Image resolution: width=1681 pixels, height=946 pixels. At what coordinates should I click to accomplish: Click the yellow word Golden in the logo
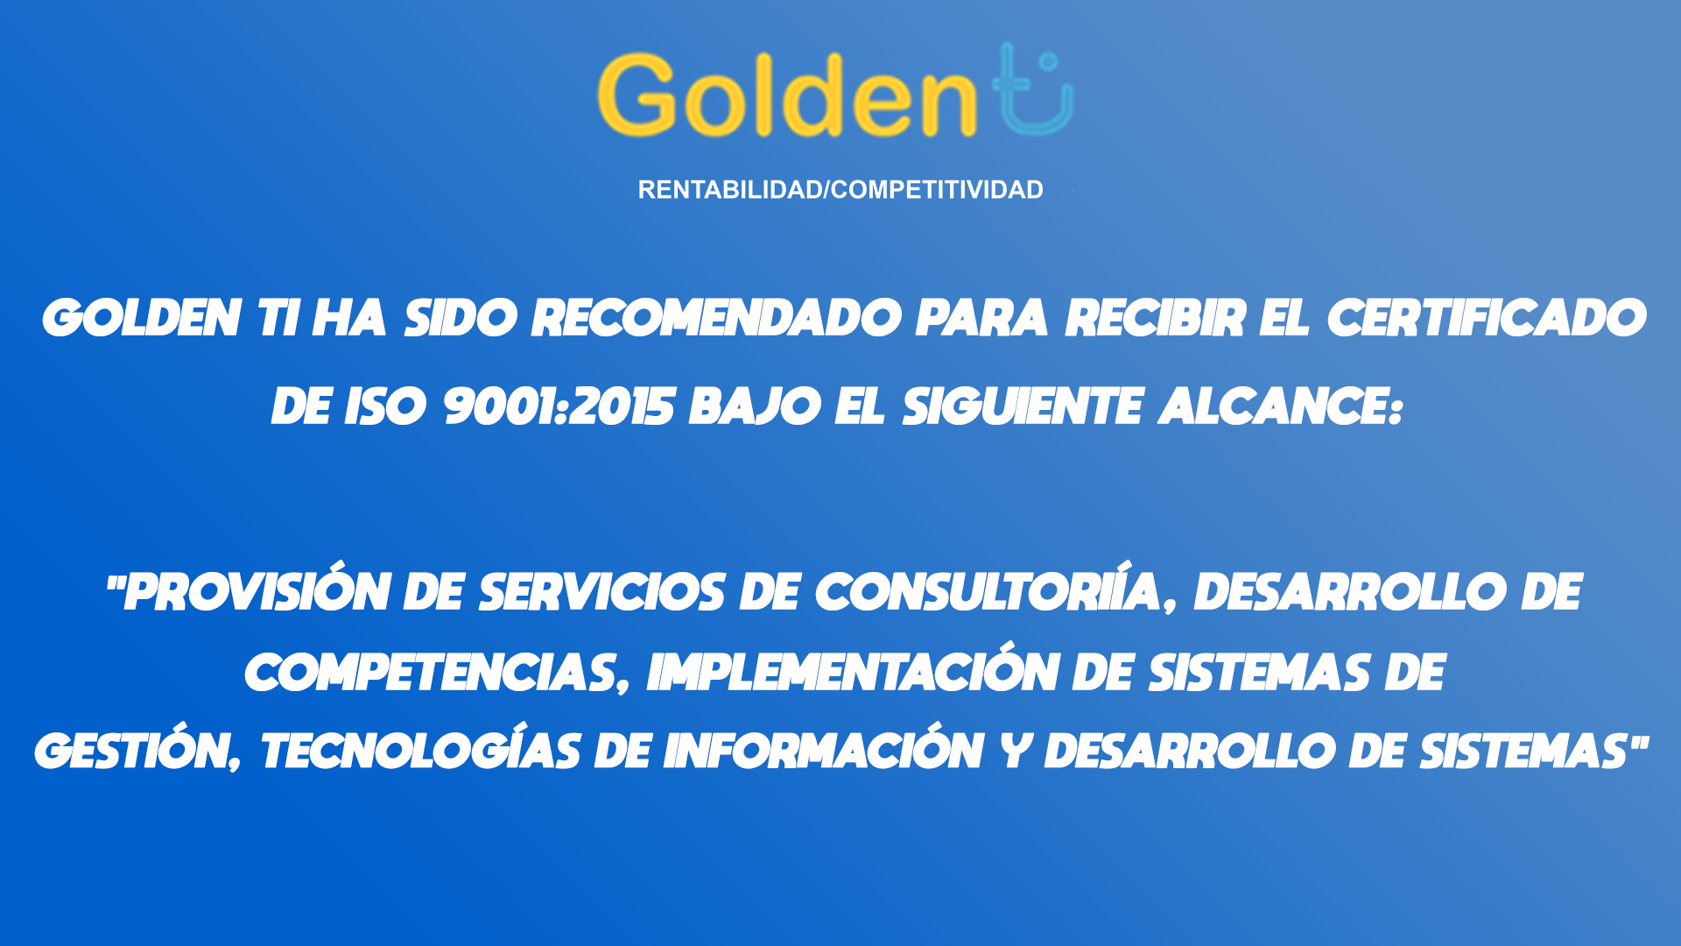coord(787,95)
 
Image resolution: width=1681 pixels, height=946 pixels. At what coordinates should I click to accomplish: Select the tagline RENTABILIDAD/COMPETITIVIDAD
coord(840,190)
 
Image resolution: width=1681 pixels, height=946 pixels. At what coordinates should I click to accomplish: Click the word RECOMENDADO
coord(717,317)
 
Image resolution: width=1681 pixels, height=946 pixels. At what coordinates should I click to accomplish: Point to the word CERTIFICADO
coord(1488,317)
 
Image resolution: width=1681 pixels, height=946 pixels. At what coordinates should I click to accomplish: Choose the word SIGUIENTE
coord(1023,406)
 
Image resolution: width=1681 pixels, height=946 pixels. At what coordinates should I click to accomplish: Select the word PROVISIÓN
coord(256,591)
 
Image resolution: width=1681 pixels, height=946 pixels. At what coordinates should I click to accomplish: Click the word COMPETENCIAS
coord(437,673)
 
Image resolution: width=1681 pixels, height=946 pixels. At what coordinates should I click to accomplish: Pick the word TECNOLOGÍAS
coord(420,750)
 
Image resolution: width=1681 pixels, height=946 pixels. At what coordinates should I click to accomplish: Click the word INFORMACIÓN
coord(823,750)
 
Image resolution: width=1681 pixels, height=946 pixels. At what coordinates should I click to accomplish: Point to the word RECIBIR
coord(1155,317)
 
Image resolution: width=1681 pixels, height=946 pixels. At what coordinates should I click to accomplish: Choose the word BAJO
coord(755,406)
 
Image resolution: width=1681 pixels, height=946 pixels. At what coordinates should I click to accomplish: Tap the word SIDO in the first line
coord(461,317)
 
